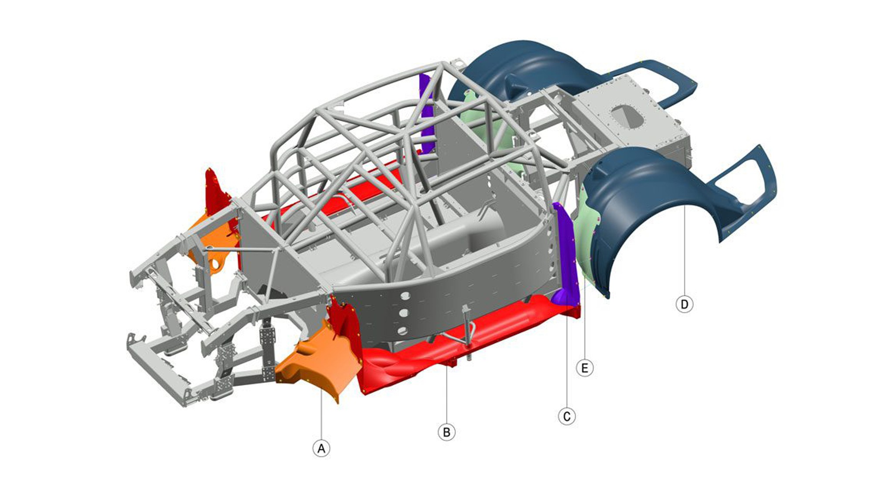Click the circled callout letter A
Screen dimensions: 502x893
(321, 448)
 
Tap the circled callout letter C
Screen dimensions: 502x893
(566, 416)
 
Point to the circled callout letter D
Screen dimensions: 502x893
(684, 304)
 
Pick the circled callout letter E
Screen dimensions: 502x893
(584, 368)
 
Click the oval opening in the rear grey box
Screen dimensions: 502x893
(627, 117)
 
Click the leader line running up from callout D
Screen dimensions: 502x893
(684, 253)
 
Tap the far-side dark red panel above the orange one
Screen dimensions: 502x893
(217, 192)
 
